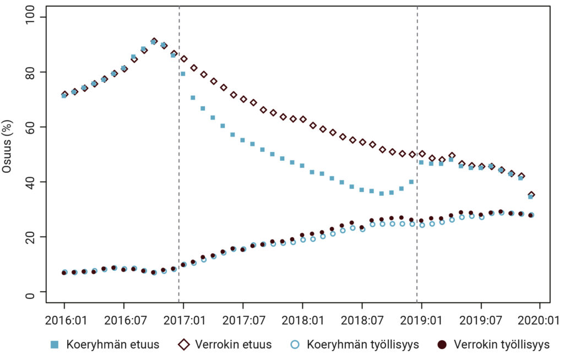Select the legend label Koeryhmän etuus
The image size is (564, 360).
(x=113, y=345)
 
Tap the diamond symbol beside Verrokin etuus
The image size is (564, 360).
(x=183, y=345)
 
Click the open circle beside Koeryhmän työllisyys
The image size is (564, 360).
(x=296, y=345)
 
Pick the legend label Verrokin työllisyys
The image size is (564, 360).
(x=502, y=345)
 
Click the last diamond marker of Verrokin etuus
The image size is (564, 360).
(x=532, y=195)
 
